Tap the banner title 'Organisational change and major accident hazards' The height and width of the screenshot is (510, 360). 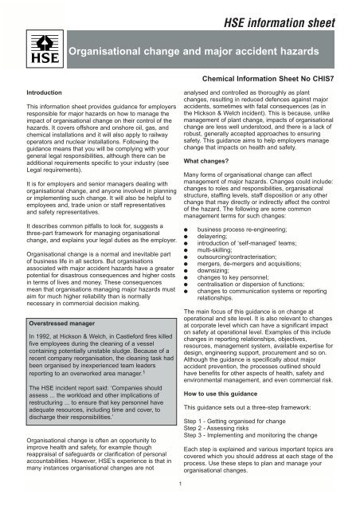[x=199, y=53]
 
